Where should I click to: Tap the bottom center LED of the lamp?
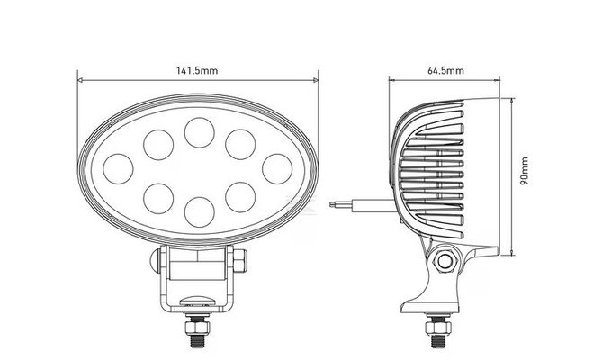pos(198,211)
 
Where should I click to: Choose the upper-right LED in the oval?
pos(238,142)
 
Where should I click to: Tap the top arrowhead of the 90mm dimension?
pos(512,98)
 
